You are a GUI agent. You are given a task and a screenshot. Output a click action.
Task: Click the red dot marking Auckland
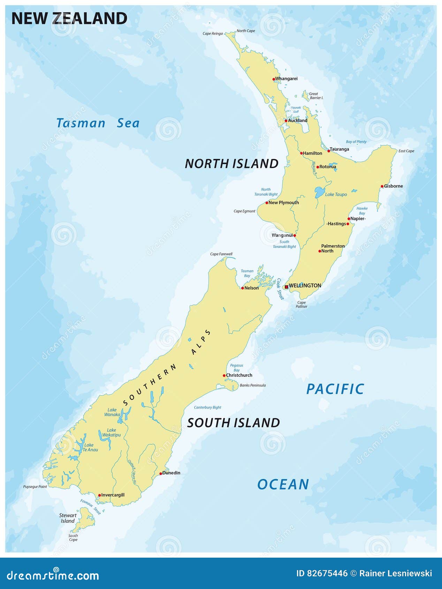[x=286, y=121]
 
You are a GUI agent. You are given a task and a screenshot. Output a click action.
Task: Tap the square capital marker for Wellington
[x=287, y=287]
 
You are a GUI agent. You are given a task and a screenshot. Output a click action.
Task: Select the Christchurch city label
[x=239, y=375]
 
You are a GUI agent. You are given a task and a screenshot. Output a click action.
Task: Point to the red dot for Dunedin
[x=161, y=474]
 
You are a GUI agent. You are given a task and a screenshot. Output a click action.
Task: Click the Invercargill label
[x=113, y=495]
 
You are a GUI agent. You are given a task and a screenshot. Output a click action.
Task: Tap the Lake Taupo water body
[x=319, y=192]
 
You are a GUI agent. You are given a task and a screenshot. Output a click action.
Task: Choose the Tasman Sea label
[x=98, y=123]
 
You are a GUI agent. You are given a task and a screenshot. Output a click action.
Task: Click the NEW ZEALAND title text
[x=69, y=18]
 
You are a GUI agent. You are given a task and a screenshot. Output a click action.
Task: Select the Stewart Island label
[x=68, y=518]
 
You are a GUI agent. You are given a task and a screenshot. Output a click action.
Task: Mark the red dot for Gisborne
[x=382, y=186]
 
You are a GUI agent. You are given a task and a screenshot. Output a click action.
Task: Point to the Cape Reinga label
[x=213, y=34]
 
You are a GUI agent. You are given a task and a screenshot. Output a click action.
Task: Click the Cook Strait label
[x=281, y=289]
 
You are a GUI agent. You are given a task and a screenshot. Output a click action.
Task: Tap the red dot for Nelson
[x=243, y=288]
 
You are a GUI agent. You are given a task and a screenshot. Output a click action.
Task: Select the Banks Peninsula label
[x=253, y=385]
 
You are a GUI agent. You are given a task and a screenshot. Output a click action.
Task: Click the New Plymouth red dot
[x=267, y=203]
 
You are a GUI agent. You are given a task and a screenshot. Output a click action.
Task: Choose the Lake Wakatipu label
[x=112, y=433]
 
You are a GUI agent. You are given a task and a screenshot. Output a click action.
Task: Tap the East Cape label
[x=406, y=151]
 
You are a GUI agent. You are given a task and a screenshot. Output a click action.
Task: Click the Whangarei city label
[x=286, y=79]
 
